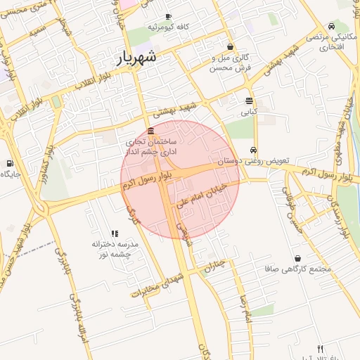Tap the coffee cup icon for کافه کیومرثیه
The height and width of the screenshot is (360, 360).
click(168, 16)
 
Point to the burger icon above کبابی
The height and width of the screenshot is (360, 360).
click(249, 101)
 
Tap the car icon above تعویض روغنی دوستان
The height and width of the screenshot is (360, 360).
click(253, 150)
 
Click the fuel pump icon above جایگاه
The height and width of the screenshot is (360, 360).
click(9, 163)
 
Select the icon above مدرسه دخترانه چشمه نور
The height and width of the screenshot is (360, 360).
click(115, 233)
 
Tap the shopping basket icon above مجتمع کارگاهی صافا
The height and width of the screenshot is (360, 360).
click(299, 258)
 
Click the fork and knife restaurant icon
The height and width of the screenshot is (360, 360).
click(320, 349)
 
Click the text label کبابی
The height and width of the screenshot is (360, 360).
click(249, 111)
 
